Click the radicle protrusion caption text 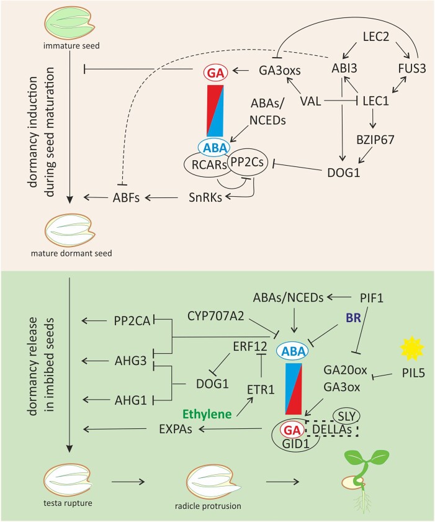coord(215,506)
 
